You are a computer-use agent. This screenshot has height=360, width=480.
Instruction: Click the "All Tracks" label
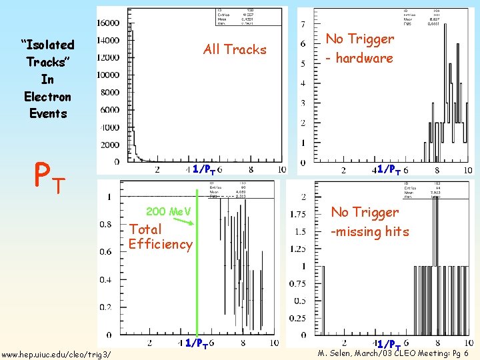(235, 49)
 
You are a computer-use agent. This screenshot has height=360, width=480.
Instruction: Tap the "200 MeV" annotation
(169, 212)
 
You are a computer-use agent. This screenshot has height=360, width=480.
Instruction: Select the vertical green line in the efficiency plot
(197, 267)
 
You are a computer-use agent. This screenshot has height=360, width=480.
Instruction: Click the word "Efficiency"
(161, 244)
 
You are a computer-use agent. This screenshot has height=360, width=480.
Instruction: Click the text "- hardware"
(359, 58)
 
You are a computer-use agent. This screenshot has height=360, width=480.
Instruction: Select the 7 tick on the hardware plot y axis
(303, 25)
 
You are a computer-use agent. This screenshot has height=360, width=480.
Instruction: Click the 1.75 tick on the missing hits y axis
(298, 214)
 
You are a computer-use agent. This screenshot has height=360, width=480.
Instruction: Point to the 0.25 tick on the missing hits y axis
(298, 318)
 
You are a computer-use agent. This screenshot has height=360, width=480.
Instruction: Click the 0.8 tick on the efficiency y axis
(105, 224)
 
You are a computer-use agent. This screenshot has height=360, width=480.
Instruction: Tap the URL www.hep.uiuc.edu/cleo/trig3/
(57, 353)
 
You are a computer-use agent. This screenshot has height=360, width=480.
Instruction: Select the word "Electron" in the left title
(47, 97)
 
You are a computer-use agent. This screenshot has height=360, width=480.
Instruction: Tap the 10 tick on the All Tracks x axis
(282, 169)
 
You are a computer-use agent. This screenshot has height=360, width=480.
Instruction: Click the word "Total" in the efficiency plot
(145, 229)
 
